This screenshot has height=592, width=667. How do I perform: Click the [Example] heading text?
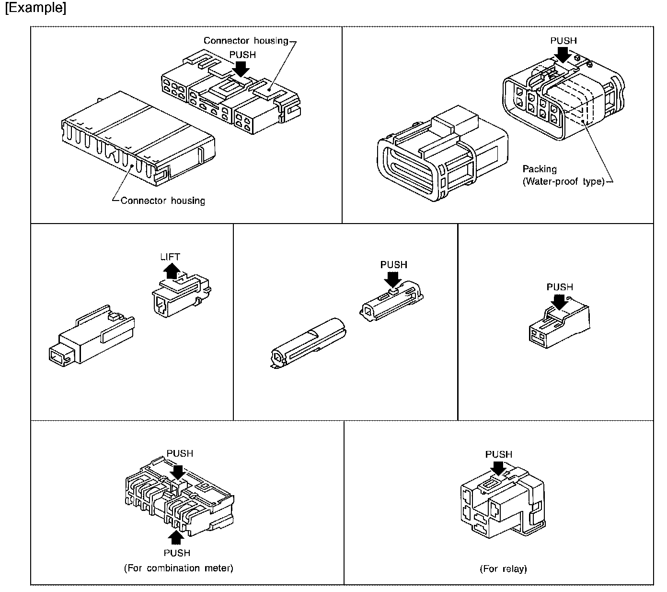click(x=35, y=9)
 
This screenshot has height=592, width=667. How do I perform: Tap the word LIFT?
click(x=170, y=257)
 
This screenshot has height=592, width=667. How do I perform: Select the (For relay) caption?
click(x=503, y=569)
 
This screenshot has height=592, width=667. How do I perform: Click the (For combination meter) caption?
click(x=178, y=568)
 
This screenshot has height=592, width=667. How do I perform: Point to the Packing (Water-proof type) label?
click(x=563, y=176)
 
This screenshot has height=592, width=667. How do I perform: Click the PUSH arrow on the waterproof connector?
click(x=564, y=55)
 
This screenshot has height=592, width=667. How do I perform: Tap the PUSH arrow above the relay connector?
click(x=498, y=468)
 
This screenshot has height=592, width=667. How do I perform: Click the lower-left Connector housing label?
click(x=162, y=201)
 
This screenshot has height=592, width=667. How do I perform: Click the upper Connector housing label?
click(x=246, y=41)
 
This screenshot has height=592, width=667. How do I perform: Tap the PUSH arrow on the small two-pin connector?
click(x=559, y=301)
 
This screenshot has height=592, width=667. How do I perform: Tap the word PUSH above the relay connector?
click(x=498, y=454)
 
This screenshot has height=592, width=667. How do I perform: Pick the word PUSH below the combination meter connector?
click(x=177, y=553)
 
